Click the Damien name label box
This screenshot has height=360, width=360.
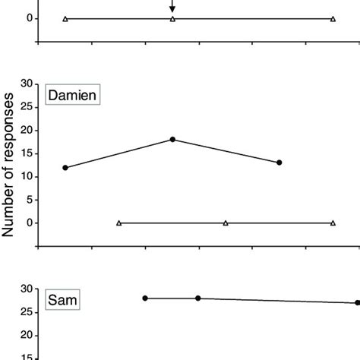[73, 96]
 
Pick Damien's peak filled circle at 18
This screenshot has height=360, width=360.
[172, 139]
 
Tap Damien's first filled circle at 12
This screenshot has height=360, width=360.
[65, 167]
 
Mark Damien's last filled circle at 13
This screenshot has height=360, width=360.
[279, 163]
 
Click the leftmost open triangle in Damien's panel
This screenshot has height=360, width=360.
[119, 223]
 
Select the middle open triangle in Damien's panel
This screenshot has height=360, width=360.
[226, 223]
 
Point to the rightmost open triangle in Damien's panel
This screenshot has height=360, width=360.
[333, 223]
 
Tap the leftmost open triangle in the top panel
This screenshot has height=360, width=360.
[65, 18]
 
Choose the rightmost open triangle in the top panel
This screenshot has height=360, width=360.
[333, 18]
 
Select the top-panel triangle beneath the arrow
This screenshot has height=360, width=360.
[172, 18]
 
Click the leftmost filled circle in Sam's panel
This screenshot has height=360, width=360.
[145, 298]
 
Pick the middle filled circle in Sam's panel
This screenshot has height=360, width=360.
[198, 298]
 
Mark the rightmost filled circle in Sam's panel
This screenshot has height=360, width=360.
[357, 303]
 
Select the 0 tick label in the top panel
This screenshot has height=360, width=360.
[30, 18]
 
